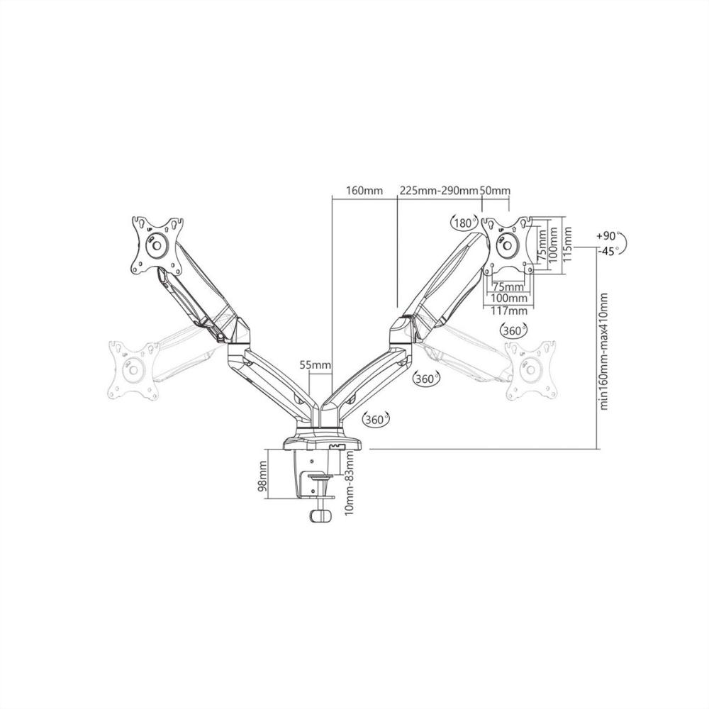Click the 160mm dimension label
pos(364,190)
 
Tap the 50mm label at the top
pos(494,190)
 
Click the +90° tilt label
pos(608,237)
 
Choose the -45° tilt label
pos(608,252)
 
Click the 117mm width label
pos(509,311)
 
